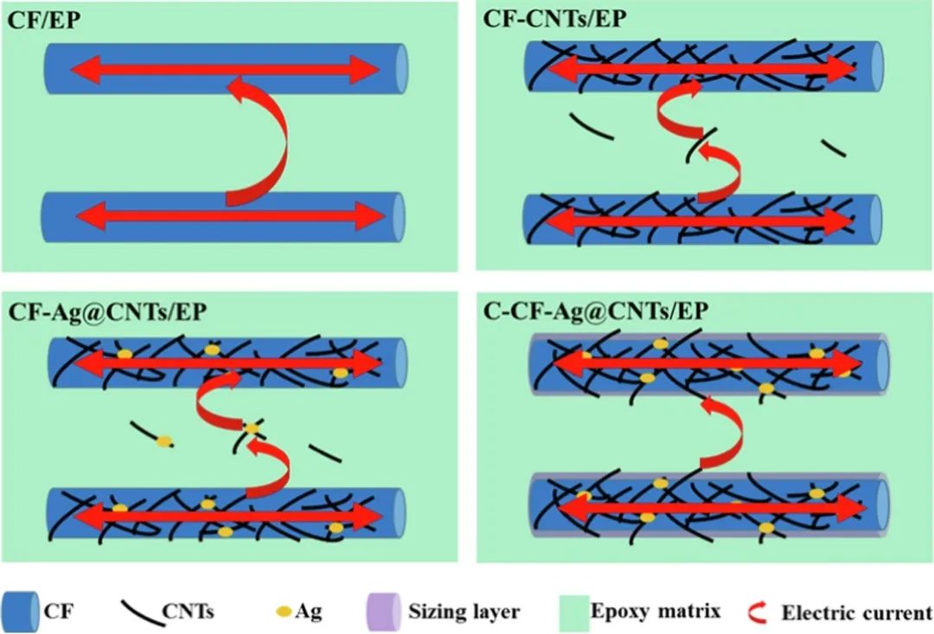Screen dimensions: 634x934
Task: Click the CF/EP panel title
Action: click(45, 18)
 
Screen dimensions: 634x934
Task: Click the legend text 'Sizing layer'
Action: click(464, 612)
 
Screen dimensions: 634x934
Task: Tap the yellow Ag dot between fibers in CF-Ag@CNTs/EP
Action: click(252, 428)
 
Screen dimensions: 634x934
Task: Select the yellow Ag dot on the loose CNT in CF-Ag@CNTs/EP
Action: click(163, 441)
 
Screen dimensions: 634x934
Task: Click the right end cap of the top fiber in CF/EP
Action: click(400, 67)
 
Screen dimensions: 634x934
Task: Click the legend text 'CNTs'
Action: click(188, 612)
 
